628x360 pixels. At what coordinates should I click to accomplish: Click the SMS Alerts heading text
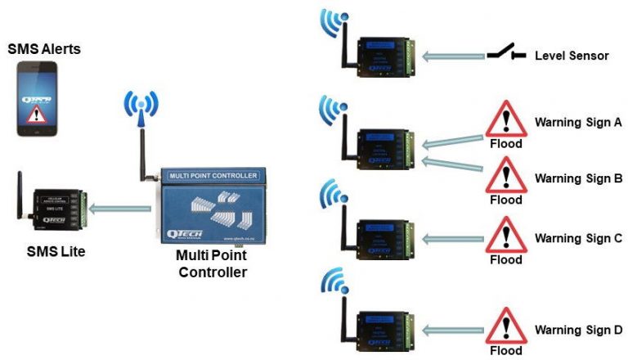[44, 48]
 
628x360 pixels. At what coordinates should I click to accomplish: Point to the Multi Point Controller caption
[212, 264]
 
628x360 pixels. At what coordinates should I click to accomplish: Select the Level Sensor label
[572, 56]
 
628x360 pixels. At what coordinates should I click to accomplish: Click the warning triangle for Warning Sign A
[505, 122]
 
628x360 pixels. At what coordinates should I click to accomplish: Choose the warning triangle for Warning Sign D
[505, 327]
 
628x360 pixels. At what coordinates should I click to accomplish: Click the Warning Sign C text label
[578, 238]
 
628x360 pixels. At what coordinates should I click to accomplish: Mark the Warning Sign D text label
[578, 330]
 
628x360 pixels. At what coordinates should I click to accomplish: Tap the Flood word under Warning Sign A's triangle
[505, 144]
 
